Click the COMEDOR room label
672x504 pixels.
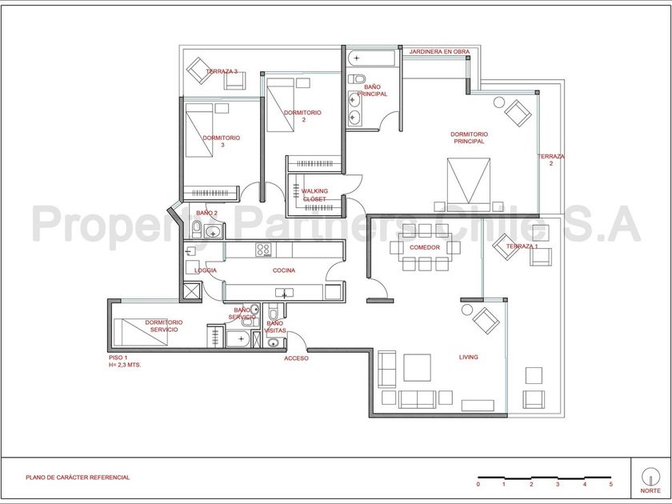click(x=424, y=247)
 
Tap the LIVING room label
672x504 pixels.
click(x=469, y=357)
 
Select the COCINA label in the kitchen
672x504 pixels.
click(x=284, y=270)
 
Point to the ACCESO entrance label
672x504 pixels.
click(x=296, y=358)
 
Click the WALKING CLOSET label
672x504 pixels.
click(x=314, y=195)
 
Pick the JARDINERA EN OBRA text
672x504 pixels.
click(x=439, y=51)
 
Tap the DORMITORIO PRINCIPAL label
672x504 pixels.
click(x=469, y=138)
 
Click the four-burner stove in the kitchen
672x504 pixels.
click(x=263, y=250)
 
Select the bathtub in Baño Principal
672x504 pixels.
click(x=371, y=58)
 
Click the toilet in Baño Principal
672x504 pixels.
click(x=357, y=79)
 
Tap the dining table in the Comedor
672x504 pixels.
click(x=424, y=248)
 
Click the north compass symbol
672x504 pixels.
click(x=650, y=476)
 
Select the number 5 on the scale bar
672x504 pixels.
click(x=610, y=484)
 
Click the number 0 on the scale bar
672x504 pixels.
click(x=478, y=484)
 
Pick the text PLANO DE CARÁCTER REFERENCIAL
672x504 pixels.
click(x=78, y=478)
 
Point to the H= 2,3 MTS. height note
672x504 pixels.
click(x=125, y=366)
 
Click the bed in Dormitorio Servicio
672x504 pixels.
click(x=140, y=332)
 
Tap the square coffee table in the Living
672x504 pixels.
click(x=417, y=367)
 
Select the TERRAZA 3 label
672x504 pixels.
click(x=222, y=71)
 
